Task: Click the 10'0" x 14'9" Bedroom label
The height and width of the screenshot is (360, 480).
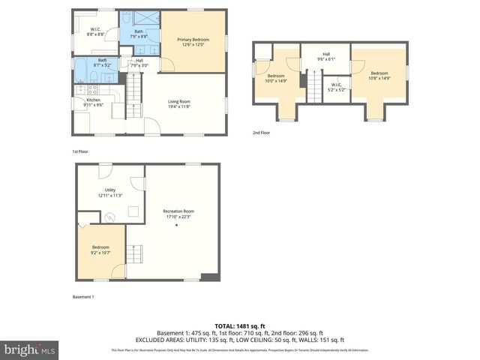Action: point(277,78)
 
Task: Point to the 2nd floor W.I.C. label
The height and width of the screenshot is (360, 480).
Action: point(337,87)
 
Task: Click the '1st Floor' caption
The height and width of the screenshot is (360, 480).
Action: point(81,151)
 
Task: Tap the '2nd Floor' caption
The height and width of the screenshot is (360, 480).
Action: point(261,133)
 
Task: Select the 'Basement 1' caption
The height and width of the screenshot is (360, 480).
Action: point(83,297)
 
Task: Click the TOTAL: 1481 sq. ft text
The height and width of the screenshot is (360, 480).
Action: point(239,325)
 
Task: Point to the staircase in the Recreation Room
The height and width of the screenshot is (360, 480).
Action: point(135,255)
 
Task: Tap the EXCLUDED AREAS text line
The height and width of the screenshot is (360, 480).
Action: point(239,340)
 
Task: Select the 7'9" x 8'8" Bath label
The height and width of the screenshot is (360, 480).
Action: point(139,34)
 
